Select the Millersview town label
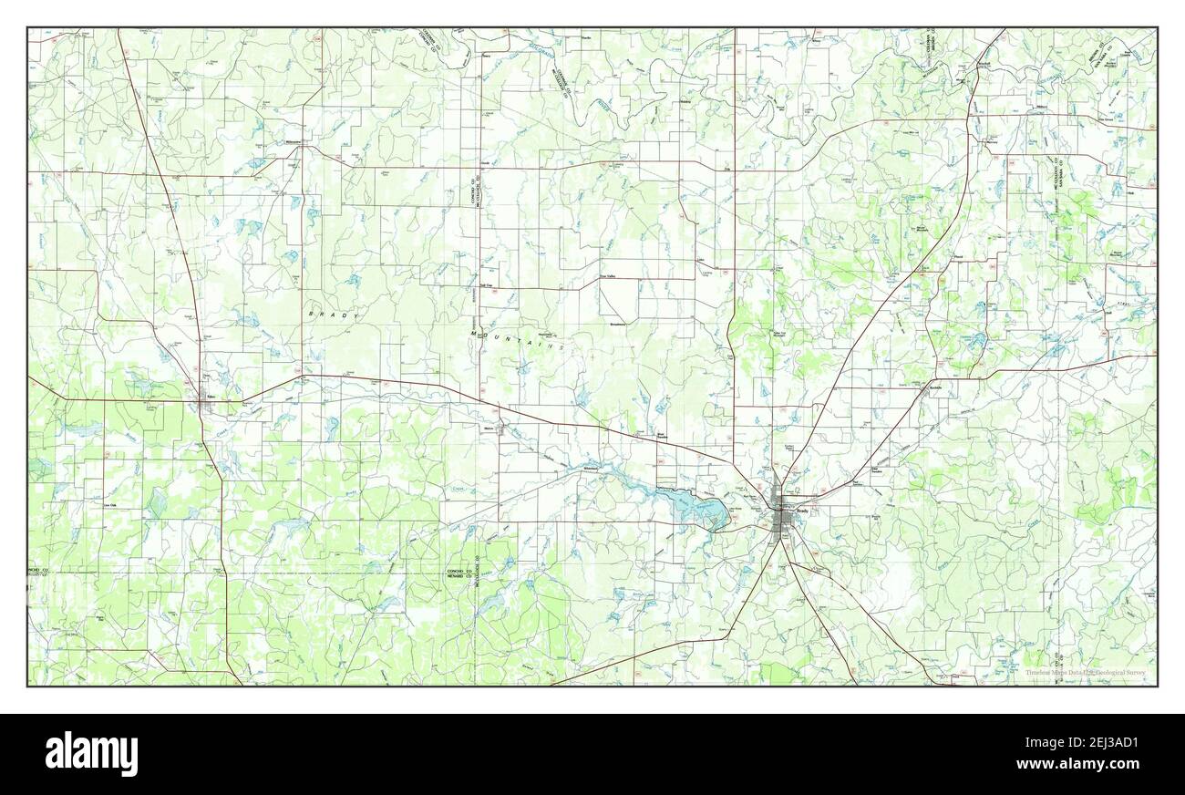click(x=293, y=143)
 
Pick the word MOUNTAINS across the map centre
click(x=519, y=341)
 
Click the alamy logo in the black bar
click(x=91, y=753)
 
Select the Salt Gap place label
click(x=488, y=284)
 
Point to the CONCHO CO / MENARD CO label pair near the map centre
click(x=459, y=573)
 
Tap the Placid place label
click(x=957, y=257)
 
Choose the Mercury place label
click(x=992, y=141)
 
